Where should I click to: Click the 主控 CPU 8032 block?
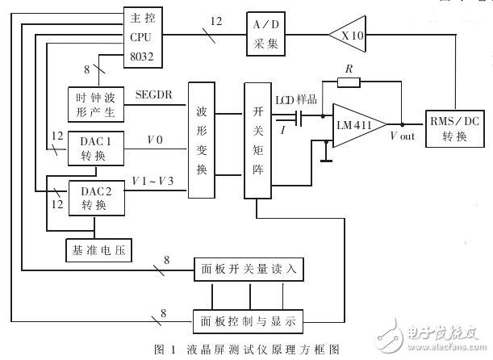tap(144, 36)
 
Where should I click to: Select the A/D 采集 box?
tap(267, 36)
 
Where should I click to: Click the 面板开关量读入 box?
tap(247, 268)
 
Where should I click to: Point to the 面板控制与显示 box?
tap(246, 321)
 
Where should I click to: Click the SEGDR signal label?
tap(154, 94)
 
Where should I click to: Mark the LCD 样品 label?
tap(296, 98)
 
